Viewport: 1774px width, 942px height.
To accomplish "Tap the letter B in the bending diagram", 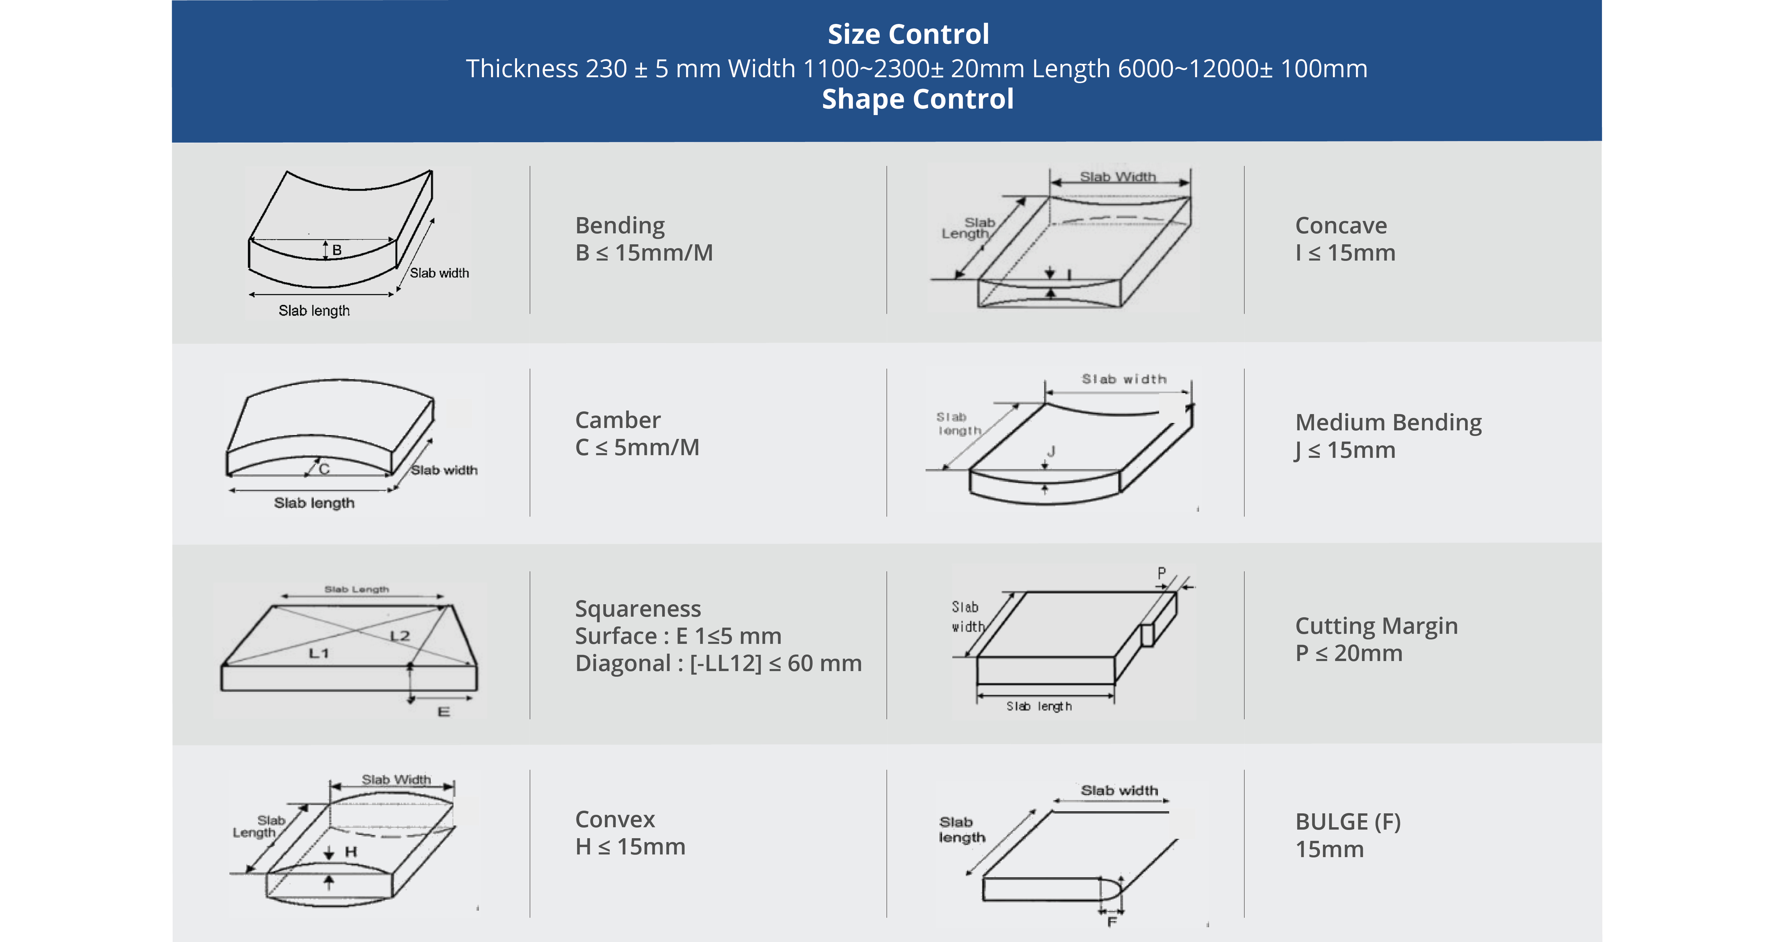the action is pos(337,249).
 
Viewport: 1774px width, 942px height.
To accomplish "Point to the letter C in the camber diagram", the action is pos(324,468).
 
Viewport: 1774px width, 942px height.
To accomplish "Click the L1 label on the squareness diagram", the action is pos(319,652).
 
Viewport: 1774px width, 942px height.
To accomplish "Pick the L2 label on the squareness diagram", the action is pos(400,635).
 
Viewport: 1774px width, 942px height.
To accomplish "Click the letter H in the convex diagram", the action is pos(351,852).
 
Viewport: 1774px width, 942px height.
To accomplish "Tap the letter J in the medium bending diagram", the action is pos(1051,451).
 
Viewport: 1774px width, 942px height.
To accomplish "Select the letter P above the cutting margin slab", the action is pos(1162,573).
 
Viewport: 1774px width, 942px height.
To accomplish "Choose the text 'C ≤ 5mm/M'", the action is pos(637,447).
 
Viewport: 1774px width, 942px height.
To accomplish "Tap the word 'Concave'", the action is pos(1341,225).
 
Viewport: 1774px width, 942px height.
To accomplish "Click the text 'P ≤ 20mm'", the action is pos(1348,652).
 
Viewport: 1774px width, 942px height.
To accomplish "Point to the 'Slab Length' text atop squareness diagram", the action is pos(357,589).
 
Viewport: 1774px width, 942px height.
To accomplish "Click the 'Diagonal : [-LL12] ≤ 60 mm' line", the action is pos(718,663).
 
